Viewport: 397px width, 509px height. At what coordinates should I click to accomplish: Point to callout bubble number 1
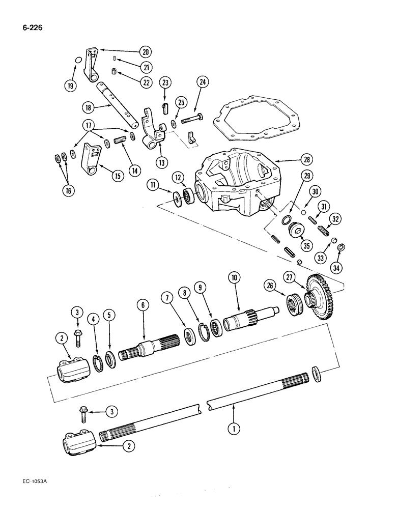point(234,429)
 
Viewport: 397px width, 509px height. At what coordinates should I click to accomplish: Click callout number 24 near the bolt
point(203,81)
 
